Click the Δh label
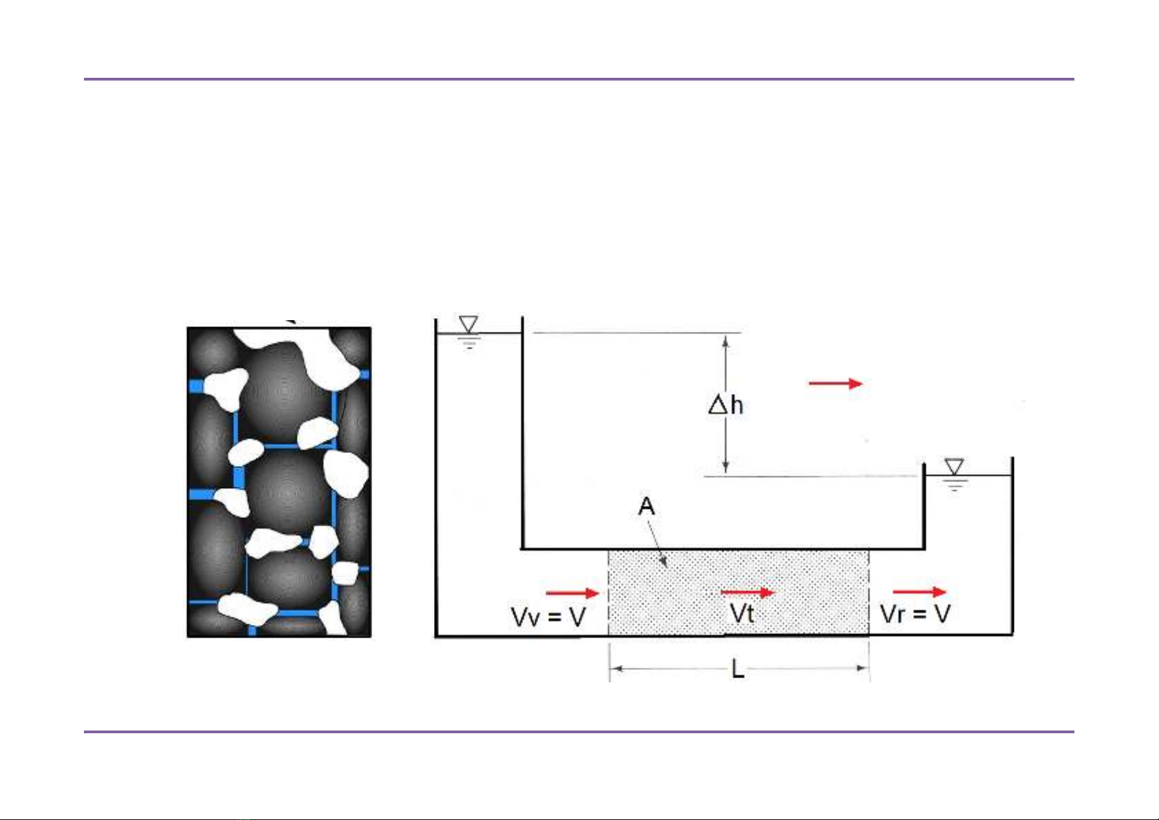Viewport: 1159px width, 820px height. tap(726, 405)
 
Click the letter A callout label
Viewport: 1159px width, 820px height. tap(647, 507)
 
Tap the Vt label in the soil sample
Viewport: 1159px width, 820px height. tap(742, 613)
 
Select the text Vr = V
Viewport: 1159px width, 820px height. tap(915, 613)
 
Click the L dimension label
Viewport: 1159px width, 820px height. tap(738, 669)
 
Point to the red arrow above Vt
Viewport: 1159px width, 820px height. tap(747, 592)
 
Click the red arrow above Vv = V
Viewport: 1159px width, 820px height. tap(572, 592)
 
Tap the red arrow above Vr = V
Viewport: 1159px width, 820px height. tap(919, 591)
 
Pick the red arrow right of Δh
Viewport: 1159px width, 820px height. tap(835, 383)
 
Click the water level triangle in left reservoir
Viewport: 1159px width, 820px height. tap(468, 324)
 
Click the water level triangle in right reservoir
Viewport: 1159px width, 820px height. tap(954, 467)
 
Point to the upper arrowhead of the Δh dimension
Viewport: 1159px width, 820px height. tap(726, 340)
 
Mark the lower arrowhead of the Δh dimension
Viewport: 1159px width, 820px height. tap(726, 467)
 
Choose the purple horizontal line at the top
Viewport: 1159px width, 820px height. tap(578, 79)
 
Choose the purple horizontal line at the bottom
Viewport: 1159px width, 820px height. tap(578, 731)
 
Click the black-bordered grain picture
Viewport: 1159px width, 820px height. tap(279, 482)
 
